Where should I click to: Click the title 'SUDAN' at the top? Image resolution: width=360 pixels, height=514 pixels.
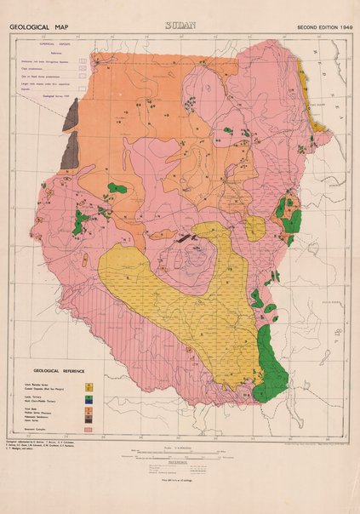pyautogui.click(x=180, y=26)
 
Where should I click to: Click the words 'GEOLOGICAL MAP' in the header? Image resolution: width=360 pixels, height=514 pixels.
pyautogui.click(x=38, y=27)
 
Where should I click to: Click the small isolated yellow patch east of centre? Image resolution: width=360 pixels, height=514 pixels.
pyautogui.click(x=254, y=226)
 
